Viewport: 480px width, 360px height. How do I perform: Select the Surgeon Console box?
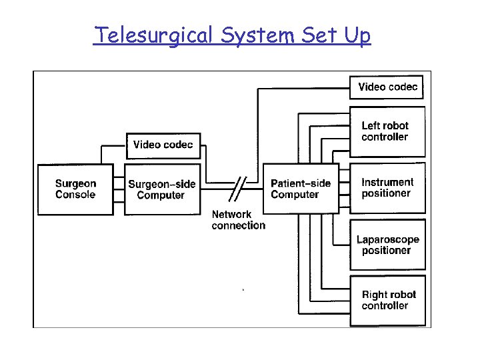(x=75, y=189)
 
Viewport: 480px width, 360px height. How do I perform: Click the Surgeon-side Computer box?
(x=163, y=189)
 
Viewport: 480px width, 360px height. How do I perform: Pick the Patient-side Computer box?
(x=301, y=189)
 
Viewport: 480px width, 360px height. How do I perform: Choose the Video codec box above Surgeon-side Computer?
(x=163, y=145)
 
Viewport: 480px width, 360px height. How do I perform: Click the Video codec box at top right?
(x=387, y=87)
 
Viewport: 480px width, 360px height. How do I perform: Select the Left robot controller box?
(x=387, y=131)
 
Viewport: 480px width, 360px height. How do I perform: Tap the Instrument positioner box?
(x=387, y=188)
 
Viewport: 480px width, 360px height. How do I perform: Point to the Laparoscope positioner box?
(x=387, y=245)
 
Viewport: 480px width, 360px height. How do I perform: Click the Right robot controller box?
(x=387, y=300)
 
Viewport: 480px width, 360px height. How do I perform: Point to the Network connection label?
(x=238, y=220)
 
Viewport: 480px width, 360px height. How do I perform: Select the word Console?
(x=75, y=195)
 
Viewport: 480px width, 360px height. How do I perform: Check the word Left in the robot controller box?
(x=371, y=125)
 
